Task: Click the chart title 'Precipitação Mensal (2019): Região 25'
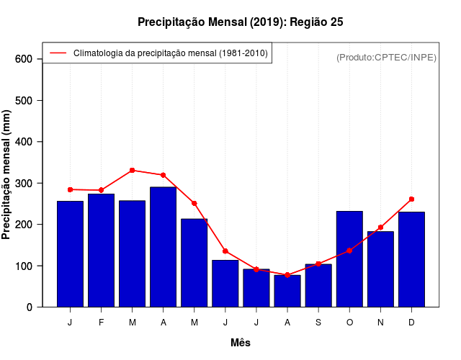point(241,22)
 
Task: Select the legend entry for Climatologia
point(170,53)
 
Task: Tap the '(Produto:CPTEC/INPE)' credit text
point(386,57)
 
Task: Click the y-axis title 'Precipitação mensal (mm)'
point(7,176)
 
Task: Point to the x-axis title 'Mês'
point(241,343)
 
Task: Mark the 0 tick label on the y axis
point(30,307)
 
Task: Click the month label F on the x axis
point(102,323)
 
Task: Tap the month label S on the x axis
point(318,323)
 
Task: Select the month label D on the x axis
point(411,323)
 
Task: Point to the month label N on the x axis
point(380,323)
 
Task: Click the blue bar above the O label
point(349,259)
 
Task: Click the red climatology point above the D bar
point(411,199)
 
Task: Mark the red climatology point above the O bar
point(349,251)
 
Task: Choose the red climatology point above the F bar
point(102,190)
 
